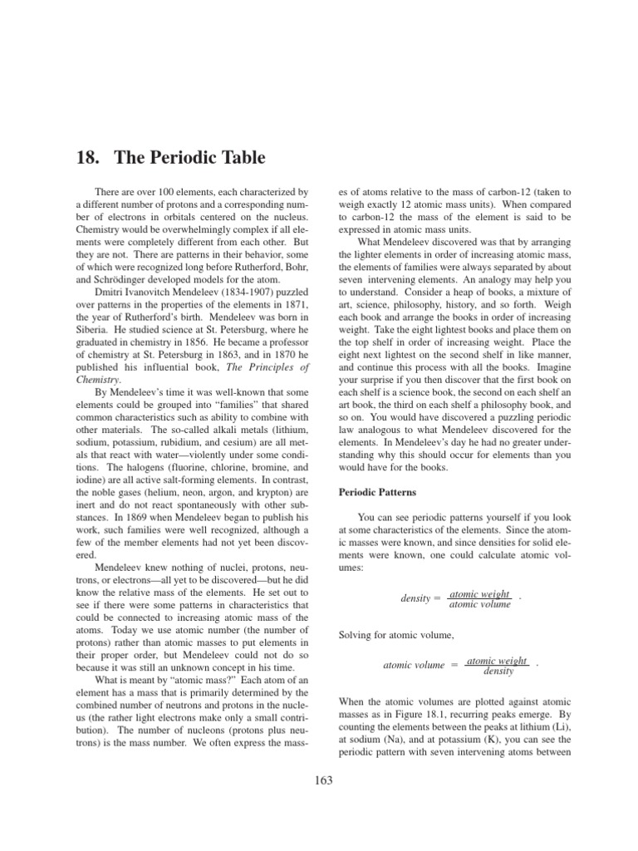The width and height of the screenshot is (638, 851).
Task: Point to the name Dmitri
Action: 113,293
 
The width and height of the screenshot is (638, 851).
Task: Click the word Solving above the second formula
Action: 358,637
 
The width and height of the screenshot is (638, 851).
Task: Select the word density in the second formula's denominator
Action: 498,671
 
